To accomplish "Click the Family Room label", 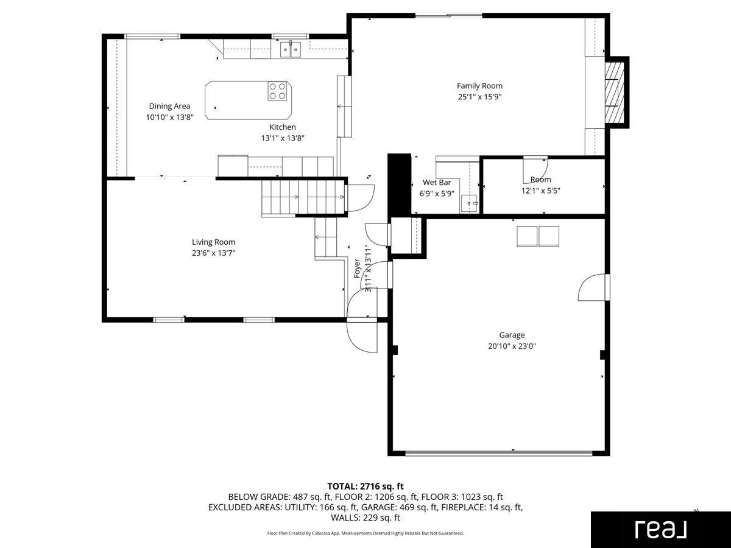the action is point(479,86).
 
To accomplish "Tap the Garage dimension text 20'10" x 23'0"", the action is point(512,346).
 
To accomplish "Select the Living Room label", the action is point(213,242).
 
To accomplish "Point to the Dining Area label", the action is point(169,106).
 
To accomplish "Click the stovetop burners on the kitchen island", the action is point(277,91).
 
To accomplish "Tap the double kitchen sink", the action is point(291,49).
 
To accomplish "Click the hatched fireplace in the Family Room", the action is point(615,92).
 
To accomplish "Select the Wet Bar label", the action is point(437,182).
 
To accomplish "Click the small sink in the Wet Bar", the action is point(470,203).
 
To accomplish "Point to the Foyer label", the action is point(357,269).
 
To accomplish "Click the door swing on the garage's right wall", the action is point(593,287).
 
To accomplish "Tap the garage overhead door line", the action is point(499,453).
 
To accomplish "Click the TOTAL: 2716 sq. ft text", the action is point(365,487).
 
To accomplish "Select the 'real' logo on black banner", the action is point(661,529).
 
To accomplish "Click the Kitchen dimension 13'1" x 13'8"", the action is point(283,138).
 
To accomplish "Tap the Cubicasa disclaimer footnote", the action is point(365,533).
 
